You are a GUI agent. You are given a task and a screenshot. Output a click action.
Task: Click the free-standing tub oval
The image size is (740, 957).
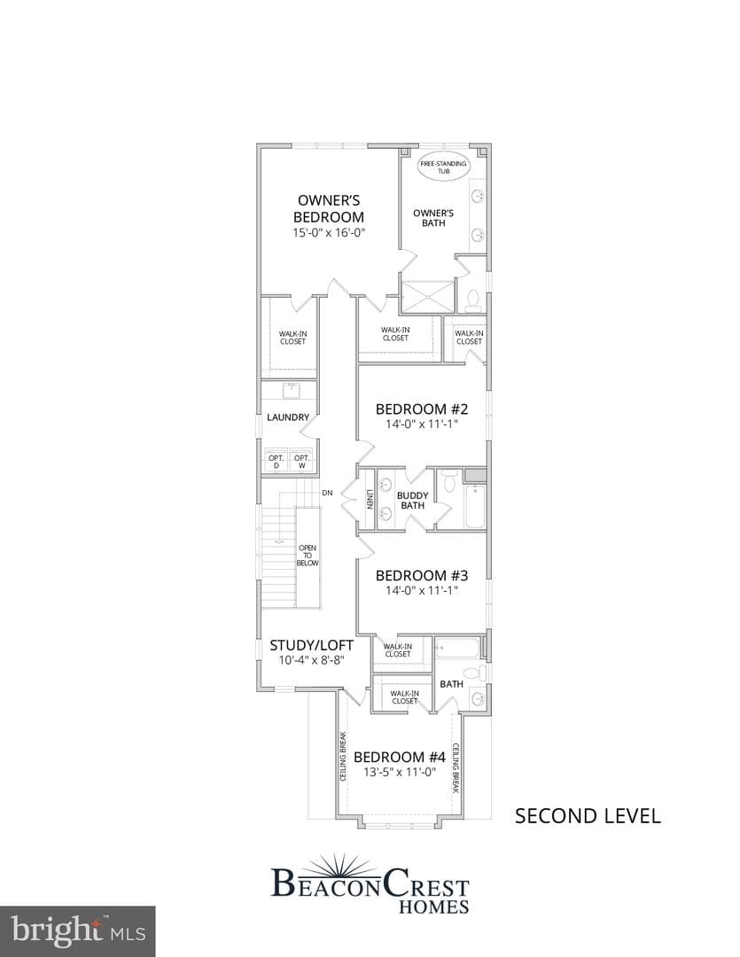[443, 167]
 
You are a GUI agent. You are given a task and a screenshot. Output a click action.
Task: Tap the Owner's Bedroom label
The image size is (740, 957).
[329, 209]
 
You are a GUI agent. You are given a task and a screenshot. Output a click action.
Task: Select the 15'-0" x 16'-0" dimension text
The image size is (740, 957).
[329, 232]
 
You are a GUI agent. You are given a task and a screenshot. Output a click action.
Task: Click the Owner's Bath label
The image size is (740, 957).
[433, 218]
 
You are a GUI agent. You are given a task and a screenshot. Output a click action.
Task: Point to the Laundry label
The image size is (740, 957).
[288, 417]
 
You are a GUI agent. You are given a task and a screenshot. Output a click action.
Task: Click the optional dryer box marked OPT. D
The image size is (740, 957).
[276, 462]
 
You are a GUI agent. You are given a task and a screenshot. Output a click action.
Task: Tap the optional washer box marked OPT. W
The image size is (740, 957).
[301, 462]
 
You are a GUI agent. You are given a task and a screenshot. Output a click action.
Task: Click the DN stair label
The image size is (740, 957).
[327, 493]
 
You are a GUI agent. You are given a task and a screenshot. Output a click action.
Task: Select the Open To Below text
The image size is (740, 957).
[308, 556]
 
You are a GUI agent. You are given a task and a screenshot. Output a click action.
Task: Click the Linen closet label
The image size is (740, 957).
[370, 499]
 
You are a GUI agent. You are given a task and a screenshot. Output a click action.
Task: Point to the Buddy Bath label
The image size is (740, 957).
[413, 501]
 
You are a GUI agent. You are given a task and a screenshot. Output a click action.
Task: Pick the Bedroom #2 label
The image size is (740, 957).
[422, 408]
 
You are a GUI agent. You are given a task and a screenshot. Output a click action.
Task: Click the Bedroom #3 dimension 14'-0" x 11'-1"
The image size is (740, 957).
[422, 590]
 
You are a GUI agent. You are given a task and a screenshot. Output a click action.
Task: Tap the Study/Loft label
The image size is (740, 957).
[311, 645]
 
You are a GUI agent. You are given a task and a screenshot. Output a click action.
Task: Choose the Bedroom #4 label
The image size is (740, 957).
[400, 757]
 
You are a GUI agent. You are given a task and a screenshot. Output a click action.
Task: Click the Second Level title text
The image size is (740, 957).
[588, 816]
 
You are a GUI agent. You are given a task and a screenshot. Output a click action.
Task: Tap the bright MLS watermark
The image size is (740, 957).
[78, 932]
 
